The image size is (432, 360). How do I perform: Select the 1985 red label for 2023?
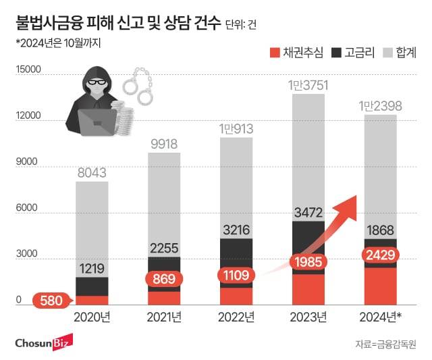[x=308, y=261]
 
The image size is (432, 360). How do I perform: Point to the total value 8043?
[x=92, y=173]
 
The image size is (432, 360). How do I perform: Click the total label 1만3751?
[x=308, y=85]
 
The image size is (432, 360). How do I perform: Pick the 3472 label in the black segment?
[x=308, y=213]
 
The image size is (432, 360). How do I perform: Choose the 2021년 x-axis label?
[x=163, y=317]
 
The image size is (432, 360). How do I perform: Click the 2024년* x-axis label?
[x=382, y=317]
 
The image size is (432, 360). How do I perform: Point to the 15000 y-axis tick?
[x=28, y=70]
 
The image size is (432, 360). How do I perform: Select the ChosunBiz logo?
[x=47, y=342]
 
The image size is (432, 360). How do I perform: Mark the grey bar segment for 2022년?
[x=236, y=188]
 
